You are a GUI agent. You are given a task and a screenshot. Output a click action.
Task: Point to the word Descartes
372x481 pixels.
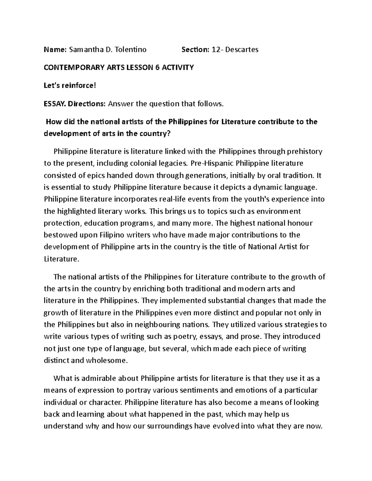pyautogui.click(x=241, y=50)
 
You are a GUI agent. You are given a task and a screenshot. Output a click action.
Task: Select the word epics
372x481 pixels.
pyautogui.click(x=96, y=175)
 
